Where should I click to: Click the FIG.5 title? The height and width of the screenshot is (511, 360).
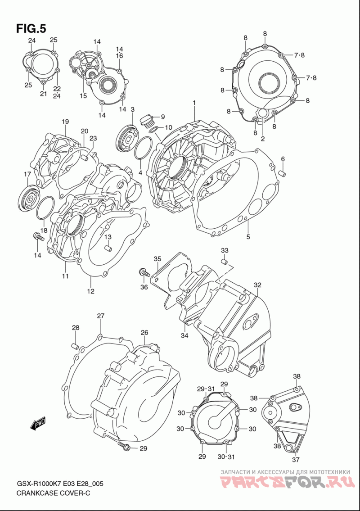coord(31,29)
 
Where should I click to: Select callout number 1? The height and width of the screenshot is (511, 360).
coord(194,103)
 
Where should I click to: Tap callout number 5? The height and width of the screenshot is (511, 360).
coord(248,237)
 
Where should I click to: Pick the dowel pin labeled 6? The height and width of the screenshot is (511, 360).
coord(283,172)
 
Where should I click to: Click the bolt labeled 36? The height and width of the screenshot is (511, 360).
coord(144,272)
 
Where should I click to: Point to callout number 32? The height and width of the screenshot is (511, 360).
coord(257,285)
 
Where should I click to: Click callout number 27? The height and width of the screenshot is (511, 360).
coord(100,316)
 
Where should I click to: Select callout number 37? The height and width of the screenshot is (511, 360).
coord(296,460)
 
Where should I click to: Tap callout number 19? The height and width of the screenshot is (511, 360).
coord(65,122)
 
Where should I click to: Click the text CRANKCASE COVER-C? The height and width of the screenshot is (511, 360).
coord(53,493)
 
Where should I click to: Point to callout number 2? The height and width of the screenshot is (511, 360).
coord(263,139)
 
